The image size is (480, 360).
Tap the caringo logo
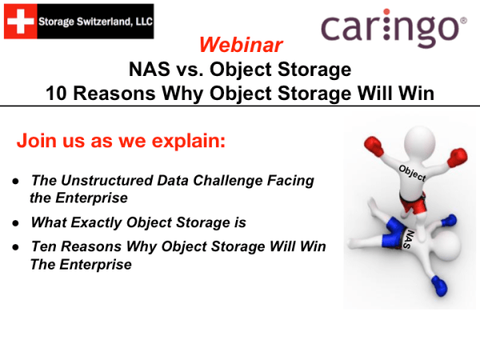click(x=393, y=30)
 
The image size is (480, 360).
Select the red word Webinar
click(x=240, y=43)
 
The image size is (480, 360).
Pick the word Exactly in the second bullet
click(x=96, y=222)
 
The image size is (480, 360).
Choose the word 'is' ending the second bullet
click(x=239, y=222)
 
